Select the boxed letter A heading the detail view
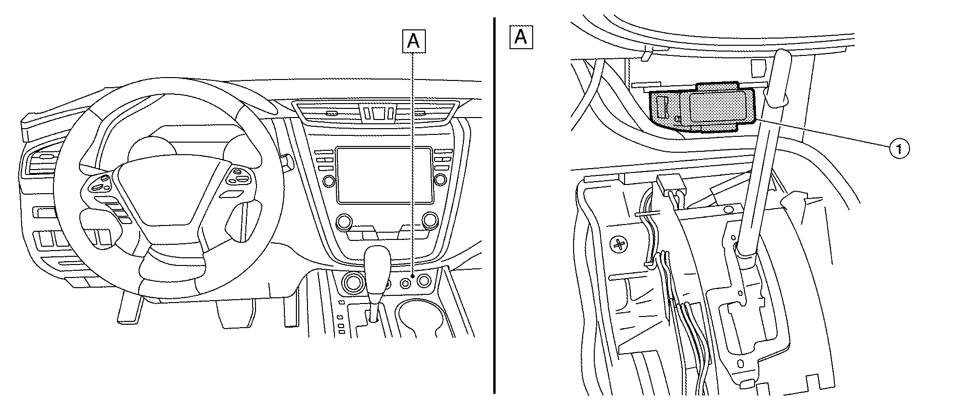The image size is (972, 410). tap(521, 37)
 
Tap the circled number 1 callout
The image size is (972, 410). tap(899, 149)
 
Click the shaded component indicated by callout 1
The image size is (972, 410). tap(703, 106)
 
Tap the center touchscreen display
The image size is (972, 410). tap(384, 174)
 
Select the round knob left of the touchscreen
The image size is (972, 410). tap(329, 181)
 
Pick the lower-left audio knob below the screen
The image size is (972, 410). tap(344, 222)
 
